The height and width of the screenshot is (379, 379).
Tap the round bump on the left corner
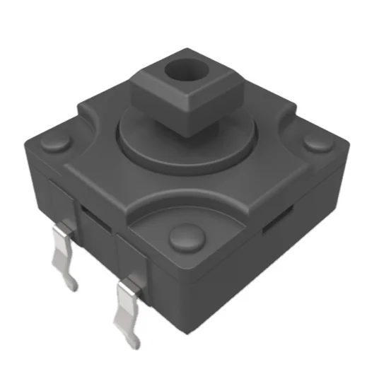pos(56,144)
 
